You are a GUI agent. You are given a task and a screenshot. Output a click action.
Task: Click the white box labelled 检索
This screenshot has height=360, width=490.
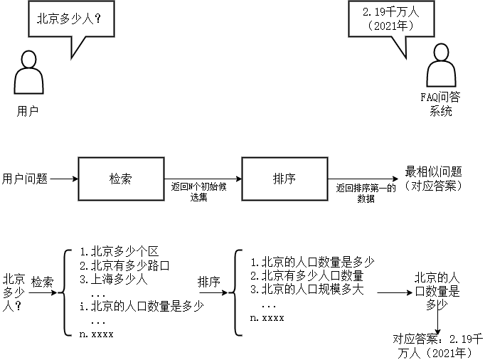(121, 179)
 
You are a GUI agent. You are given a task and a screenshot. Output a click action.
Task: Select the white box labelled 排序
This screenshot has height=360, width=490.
(284, 179)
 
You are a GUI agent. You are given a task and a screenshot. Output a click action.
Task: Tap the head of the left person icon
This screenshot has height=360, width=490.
(29, 58)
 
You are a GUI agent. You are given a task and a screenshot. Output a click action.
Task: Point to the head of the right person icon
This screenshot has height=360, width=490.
(441, 52)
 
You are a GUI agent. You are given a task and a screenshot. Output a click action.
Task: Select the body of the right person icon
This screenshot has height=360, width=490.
(441, 73)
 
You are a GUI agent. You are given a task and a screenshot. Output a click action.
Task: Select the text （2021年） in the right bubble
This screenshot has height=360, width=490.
(390, 26)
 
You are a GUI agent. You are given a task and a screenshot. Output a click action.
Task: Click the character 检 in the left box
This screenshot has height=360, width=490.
(114, 179)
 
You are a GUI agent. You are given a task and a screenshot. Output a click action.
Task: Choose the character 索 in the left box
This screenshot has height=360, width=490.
(127, 179)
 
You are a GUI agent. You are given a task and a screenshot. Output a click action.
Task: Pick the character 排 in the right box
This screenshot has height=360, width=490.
(278, 179)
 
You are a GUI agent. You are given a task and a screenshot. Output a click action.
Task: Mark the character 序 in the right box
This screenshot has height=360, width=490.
(290, 179)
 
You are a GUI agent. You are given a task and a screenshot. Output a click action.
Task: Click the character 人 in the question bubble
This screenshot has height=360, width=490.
(88, 18)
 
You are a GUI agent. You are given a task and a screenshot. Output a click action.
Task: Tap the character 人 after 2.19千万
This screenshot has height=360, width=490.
(414, 12)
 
